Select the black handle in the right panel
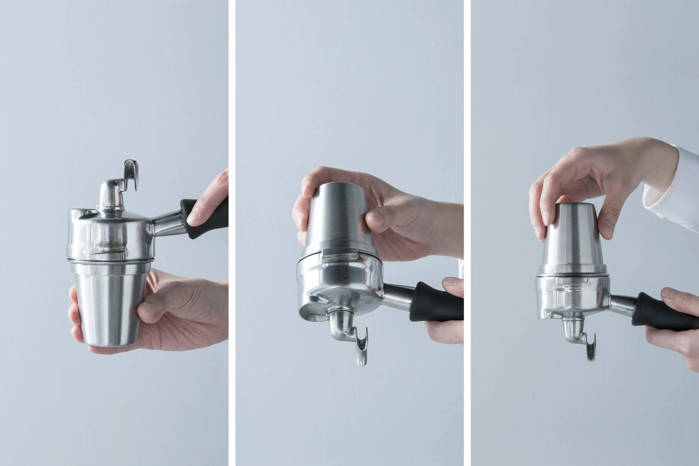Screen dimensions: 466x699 (x=662, y=312)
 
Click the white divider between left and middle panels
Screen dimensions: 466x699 (x=232, y=233)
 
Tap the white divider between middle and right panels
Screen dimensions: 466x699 (x=467, y=233)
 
